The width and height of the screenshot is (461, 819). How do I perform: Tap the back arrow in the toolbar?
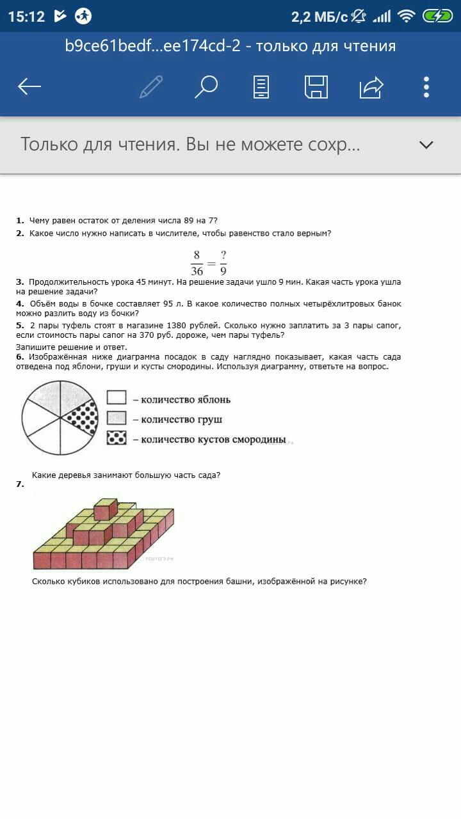(x=29, y=87)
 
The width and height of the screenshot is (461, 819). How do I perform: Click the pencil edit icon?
(x=151, y=87)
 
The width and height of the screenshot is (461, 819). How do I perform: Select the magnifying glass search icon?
(x=206, y=87)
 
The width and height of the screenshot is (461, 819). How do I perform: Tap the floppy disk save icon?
(x=316, y=87)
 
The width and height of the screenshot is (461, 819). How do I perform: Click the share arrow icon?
(x=371, y=87)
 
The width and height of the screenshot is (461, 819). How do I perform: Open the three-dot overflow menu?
(x=426, y=87)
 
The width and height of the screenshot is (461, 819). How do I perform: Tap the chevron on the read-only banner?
(x=426, y=145)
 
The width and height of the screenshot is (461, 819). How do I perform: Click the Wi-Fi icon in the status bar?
(x=406, y=16)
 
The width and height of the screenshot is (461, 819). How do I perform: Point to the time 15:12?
(x=26, y=17)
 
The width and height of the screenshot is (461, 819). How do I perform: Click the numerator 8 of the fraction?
(x=197, y=255)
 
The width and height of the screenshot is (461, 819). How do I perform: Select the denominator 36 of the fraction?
(x=197, y=271)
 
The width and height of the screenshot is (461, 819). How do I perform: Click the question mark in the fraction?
(x=223, y=255)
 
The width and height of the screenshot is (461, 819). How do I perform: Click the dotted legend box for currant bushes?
(x=117, y=438)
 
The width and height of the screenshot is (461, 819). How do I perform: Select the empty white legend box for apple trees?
(x=117, y=398)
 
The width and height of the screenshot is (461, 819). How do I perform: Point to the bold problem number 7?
(x=20, y=484)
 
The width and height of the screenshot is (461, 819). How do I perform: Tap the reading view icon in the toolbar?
(x=261, y=87)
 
